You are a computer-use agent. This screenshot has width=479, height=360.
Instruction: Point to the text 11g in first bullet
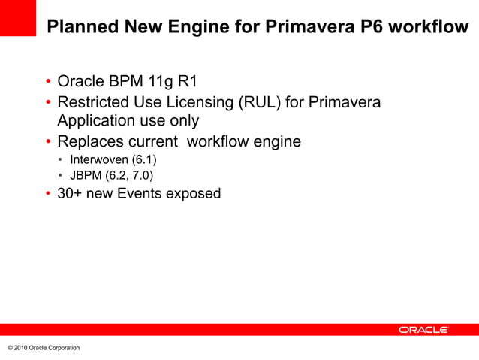156,81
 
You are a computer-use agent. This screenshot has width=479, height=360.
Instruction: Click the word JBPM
85,176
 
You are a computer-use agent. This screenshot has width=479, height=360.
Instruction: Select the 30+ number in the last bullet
69,194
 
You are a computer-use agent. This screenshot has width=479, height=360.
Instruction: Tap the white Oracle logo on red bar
423,330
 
